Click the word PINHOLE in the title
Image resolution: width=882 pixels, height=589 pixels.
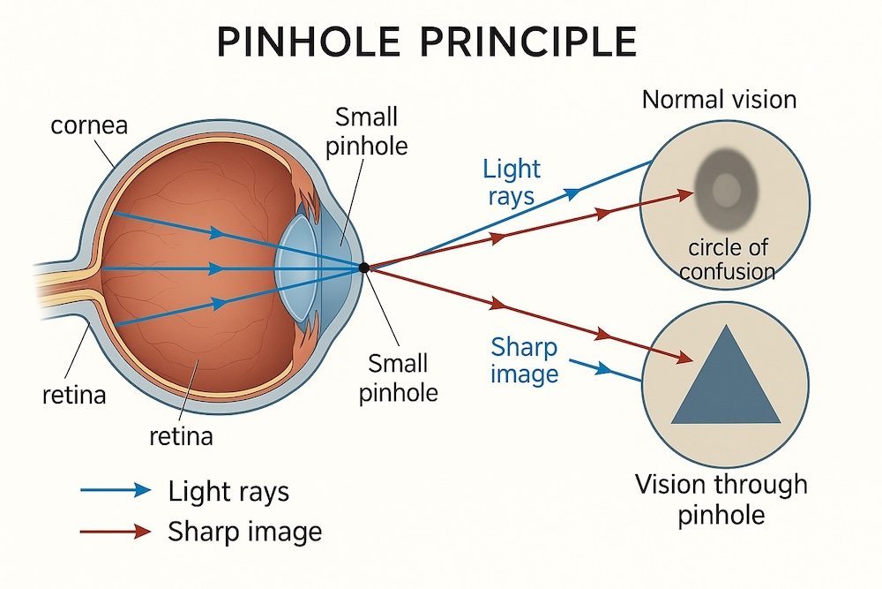coord(308,42)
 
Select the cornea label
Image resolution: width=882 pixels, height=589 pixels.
coord(89,125)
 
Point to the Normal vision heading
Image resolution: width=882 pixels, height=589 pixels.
coord(719,100)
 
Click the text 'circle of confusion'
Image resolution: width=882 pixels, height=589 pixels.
coord(728,260)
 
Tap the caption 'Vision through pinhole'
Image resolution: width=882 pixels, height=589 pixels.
coord(721,500)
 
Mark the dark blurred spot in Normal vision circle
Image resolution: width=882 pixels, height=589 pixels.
coord(726,189)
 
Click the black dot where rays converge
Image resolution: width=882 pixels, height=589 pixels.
coord(364,268)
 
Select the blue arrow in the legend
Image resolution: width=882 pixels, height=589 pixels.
coord(116,490)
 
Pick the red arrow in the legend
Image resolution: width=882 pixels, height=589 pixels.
coord(116,531)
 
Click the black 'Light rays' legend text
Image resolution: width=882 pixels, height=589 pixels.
coord(228,491)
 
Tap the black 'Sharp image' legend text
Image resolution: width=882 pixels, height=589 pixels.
coord(244,532)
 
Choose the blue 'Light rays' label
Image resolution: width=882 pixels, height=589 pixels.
coord(512,183)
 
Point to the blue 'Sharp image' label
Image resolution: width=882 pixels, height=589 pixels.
coord(524,360)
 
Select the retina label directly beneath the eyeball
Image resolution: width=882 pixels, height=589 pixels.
coord(181,436)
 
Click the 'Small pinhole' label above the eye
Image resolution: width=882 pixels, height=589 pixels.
coord(367,132)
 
